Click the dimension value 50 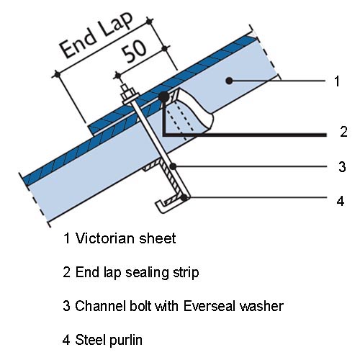point(134,53)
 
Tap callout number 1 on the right point(337,81)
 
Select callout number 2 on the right point(343,132)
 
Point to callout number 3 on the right point(342,166)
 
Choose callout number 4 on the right point(341,201)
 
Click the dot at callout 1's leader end point(229,81)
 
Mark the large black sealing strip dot point(164,96)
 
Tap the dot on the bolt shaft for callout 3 point(173,166)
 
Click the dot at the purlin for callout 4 point(184,198)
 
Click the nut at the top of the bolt point(128,94)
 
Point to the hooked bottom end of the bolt point(161,207)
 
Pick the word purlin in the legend point(125,341)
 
